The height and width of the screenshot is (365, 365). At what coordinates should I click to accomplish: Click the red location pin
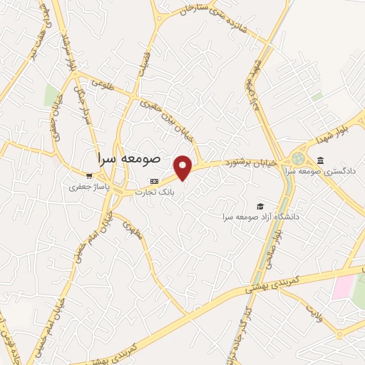(183, 168)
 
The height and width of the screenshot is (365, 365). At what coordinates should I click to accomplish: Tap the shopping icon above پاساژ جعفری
(88, 176)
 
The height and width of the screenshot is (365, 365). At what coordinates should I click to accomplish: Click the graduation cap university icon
(259, 206)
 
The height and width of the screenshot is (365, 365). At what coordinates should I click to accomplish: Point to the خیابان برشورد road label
(250, 163)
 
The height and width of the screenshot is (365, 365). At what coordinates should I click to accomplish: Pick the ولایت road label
(313, 313)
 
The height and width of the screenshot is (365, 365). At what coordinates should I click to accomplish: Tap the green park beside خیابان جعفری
(51, 95)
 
